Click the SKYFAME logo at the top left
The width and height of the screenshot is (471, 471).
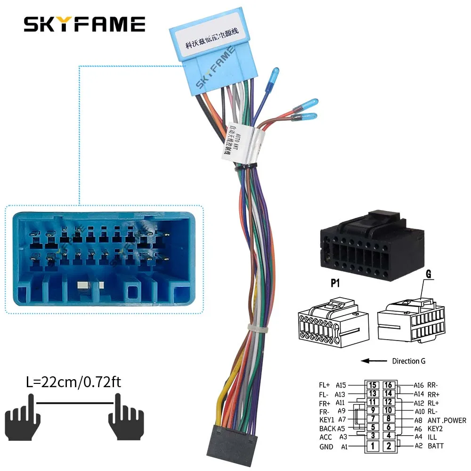pyautogui.click(x=84, y=24)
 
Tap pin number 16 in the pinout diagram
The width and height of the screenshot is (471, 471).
pyautogui.click(x=388, y=385)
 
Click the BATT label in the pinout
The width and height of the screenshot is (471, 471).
pyautogui.click(x=435, y=446)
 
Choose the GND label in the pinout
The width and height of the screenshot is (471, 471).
pyautogui.click(x=326, y=447)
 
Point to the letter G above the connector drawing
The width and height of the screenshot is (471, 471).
pyautogui.click(x=429, y=274)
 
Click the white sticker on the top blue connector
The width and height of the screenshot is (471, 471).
pyautogui.click(x=205, y=31)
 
